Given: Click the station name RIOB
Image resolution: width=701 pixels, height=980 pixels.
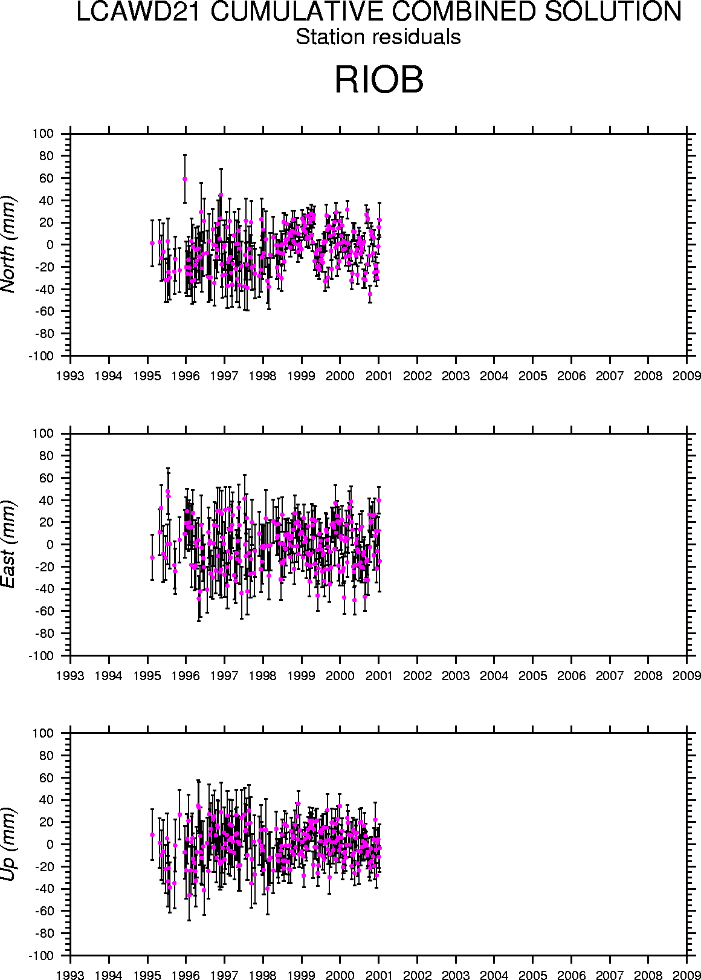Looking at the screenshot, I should coord(379,80).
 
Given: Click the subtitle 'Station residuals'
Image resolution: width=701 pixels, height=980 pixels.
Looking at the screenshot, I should coord(378,37).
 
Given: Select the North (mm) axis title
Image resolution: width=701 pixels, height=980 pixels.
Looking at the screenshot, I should coord(9,244).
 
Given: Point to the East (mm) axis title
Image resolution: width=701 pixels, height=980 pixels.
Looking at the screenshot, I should coord(9,544).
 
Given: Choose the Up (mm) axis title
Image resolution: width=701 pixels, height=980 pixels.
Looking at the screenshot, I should coord(9,844).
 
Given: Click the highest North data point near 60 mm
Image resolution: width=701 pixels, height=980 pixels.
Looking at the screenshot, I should coord(185,179).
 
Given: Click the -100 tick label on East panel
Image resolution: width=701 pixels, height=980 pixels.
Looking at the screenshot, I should coord(42,656).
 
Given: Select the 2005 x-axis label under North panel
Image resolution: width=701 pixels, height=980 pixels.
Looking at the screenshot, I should coord(532,376).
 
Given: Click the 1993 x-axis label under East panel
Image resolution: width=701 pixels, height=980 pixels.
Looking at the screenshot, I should coord(71,676).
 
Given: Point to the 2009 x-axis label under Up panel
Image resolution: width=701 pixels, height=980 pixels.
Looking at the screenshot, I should coord(686,975).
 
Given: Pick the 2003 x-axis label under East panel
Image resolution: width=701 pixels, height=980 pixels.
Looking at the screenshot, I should coord(456,676).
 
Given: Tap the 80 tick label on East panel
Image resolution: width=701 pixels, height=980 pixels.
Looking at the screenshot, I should coord(47,456).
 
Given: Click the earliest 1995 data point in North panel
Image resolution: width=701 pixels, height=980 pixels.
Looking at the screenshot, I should coord(152,243).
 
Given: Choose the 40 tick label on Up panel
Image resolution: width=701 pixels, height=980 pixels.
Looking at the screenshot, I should coord(47,800).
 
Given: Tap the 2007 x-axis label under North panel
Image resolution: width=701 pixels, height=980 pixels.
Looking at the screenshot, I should coord(610,376).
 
